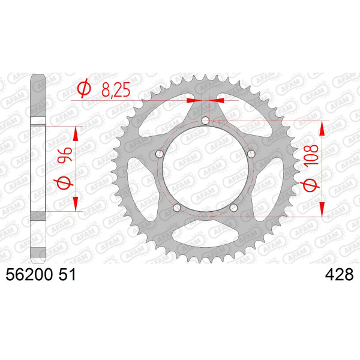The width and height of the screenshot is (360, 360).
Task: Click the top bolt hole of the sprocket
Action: pyautogui.click(x=205, y=121)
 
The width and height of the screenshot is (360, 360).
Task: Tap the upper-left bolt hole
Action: pyautogui.click(x=160, y=154)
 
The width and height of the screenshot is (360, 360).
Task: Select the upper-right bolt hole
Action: pyautogui.click(x=251, y=154)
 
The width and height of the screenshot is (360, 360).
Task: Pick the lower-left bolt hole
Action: pyautogui.click(x=177, y=208)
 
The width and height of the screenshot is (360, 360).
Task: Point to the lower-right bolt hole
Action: pyautogui.click(x=234, y=208)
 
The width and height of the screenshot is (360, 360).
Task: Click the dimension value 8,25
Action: pyautogui.click(x=116, y=90)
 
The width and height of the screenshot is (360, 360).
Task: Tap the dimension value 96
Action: pyautogui.click(x=65, y=155)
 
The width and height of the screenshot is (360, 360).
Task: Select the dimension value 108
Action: pyautogui.click(x=311, y=155)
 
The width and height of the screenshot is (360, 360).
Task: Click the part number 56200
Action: pyautogui.click(x=29, y=275)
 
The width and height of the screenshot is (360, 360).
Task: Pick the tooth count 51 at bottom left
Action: pyautogui.click(x=67, y=275)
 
